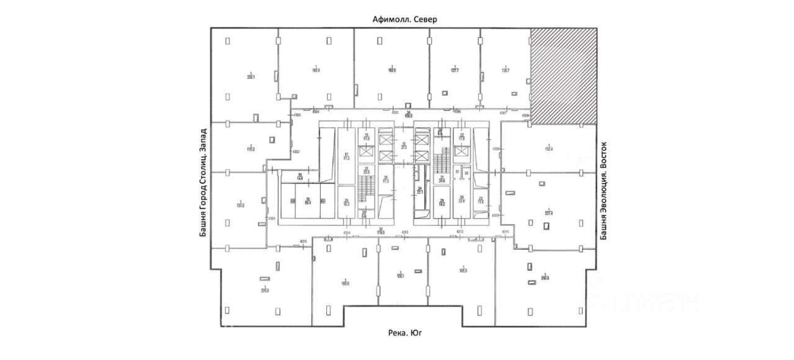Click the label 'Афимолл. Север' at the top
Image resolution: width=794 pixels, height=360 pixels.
pyautogui.click(x=404, y=19)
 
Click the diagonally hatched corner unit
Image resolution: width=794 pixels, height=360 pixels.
pyautogui.click(x=563, y=75)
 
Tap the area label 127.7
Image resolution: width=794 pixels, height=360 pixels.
pyautogui.click(x=455, y=70)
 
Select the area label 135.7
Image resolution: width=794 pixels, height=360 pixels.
pyautogui.click(x=505, y=70)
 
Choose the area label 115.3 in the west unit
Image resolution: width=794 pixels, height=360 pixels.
pyautogui.click(x=251, y=149)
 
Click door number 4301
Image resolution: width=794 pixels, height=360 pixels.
pyautogui.click(x=272, y=219)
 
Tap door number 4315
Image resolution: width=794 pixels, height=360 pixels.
pyautogui.click(x=303, y=241)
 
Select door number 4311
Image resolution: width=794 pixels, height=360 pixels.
pyautogui.click(x=505, y=232)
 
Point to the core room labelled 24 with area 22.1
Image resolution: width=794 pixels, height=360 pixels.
pyautogui.click(x=420, y=191)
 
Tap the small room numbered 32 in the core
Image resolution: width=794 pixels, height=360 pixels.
pyautogui.click(x=466, y=173)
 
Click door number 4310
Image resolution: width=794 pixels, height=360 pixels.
pyautogui.click(x=496, y=215)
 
